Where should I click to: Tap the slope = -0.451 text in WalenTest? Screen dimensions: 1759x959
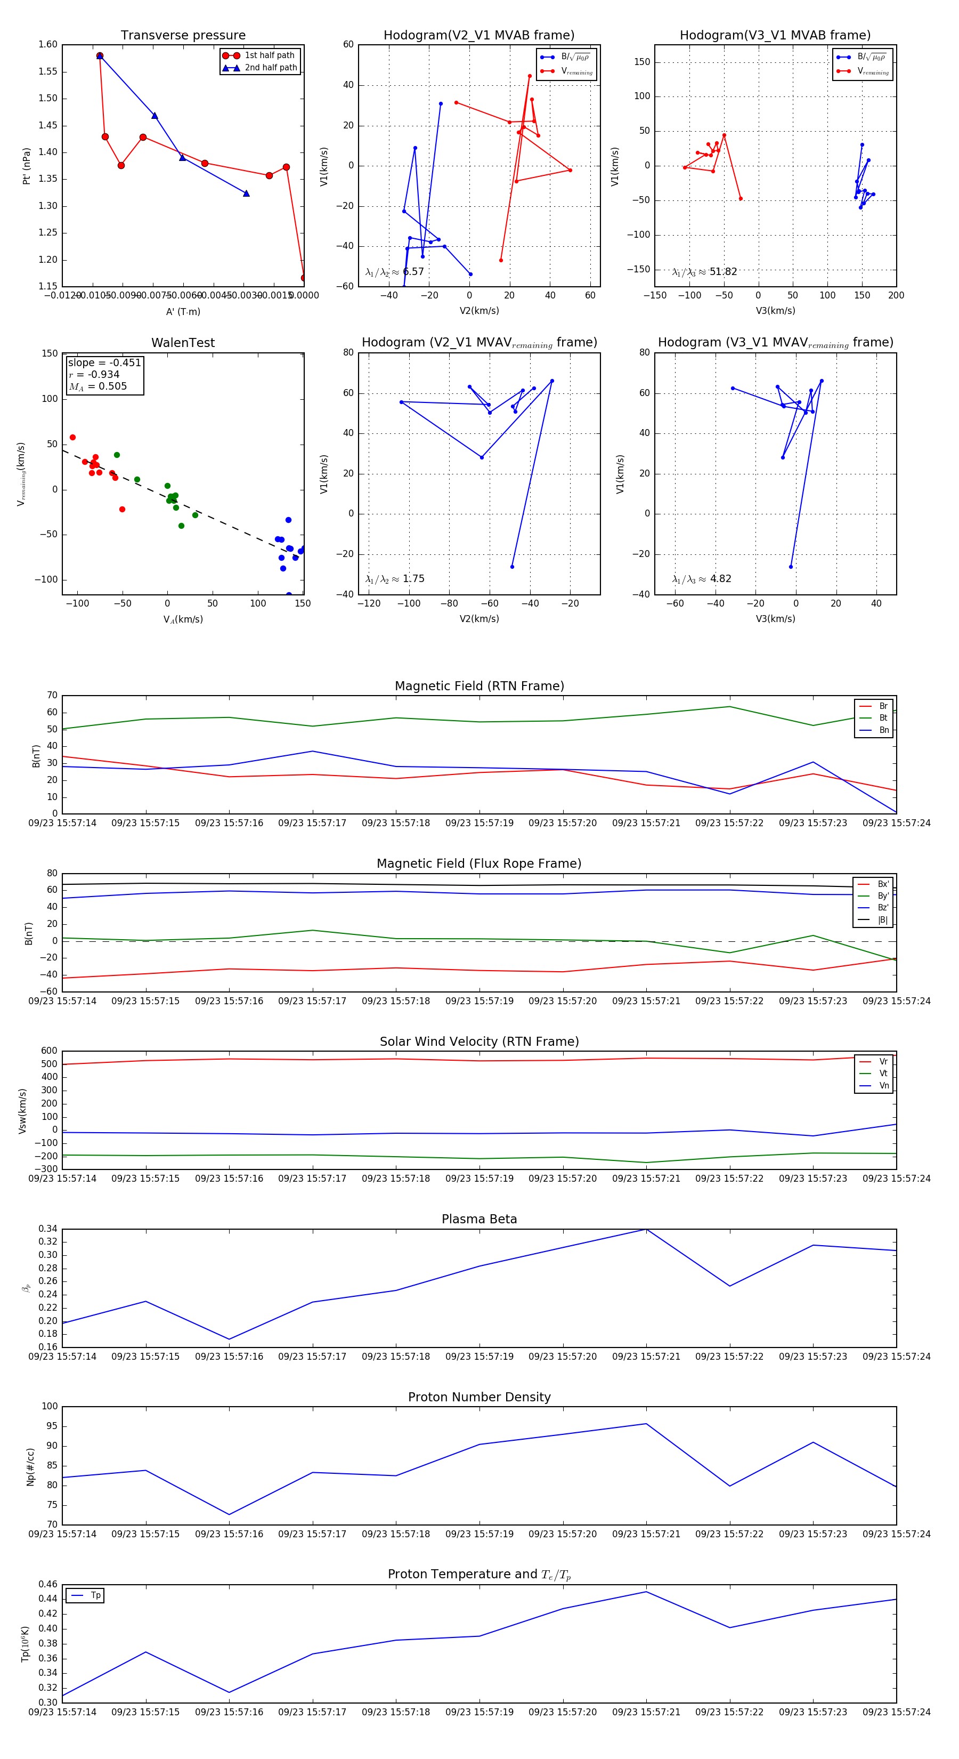[104, 362]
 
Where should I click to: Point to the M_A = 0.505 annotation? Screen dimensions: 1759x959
[97, 386]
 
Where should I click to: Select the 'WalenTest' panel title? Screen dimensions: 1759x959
[183, 343]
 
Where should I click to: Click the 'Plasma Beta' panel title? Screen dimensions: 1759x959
[479, 1219]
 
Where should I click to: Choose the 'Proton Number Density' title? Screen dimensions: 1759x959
[479, 1397]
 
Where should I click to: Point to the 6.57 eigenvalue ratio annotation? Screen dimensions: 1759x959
[413, 272]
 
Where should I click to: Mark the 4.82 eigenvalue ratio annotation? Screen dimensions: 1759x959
[720, 579]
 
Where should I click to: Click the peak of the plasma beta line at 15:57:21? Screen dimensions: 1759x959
[646, 1229]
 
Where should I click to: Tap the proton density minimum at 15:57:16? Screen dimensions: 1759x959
[229, 1514]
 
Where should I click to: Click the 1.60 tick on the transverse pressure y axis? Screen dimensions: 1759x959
[48, 44]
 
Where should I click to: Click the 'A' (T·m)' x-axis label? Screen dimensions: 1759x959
[183, 311]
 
